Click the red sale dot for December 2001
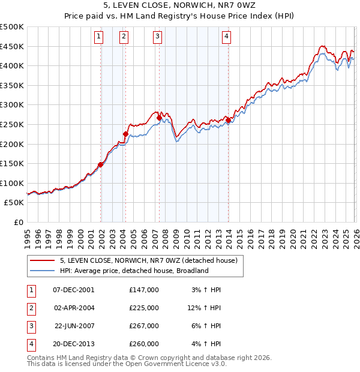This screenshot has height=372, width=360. coord(101,164)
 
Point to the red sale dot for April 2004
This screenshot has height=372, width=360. coord(125,134)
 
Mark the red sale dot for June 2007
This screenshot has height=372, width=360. coord(160,118)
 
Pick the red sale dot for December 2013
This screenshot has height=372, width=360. coord(229,120)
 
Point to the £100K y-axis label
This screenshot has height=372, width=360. coord(12,183)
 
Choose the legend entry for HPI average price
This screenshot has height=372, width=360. coord(134,271)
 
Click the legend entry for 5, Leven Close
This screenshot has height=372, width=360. coord(149,260)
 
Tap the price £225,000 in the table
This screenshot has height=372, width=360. coord(143,307)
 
